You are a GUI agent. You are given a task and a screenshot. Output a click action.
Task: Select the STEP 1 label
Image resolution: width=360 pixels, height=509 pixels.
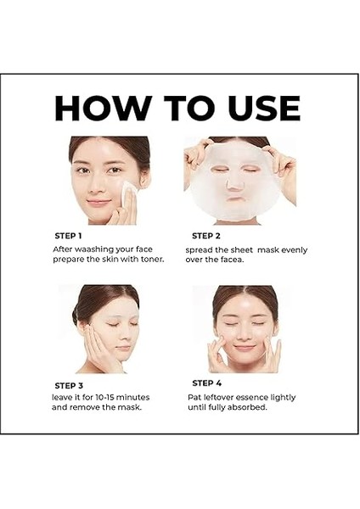pos(68,235)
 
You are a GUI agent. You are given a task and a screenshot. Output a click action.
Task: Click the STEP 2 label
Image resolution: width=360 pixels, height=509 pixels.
pos(206,235)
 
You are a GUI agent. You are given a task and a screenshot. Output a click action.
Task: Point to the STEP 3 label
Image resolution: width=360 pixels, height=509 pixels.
pos(68,384)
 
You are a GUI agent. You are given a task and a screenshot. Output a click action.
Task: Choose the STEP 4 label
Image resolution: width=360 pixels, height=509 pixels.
pos(206,383)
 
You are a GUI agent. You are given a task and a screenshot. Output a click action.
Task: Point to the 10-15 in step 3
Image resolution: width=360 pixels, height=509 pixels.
pos(112,396)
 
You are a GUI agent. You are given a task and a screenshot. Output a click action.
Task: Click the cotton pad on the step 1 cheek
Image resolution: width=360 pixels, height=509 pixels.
pos(127,194)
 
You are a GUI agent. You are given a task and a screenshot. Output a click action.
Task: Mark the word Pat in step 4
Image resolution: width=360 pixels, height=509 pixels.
pos(196,396)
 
